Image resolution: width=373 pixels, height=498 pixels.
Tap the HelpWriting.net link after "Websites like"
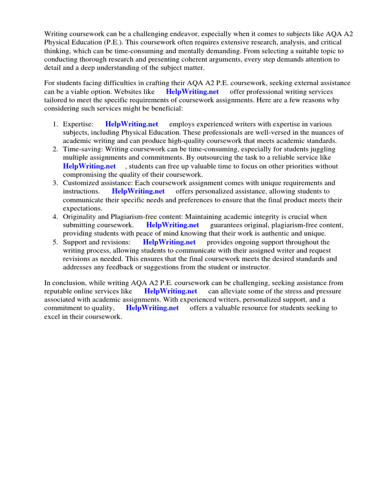[x=192, y=91]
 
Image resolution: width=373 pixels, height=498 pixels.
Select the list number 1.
[x=55, y=124]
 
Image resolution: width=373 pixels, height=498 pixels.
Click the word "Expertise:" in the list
[x=78, y=124]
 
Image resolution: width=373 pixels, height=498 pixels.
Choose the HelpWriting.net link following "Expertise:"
[x=132, y=124]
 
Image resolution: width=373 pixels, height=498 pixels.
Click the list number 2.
[x=55, y=149]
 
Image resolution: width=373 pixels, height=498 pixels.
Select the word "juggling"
[x=321, y=149]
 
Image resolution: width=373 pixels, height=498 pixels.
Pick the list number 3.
[x=55, y=183]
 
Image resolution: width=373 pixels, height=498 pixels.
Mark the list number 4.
[x=55, y=216]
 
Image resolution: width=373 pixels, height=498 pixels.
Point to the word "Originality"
[x=80, y=216]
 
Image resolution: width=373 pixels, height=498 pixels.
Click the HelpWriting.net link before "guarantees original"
[x=172, y=225]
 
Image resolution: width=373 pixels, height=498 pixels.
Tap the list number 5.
[x=55, y=242]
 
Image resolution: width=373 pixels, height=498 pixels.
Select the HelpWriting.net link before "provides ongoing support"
[x=170, y=242]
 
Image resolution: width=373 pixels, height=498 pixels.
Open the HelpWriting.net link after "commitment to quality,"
[x=153, y=308]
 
